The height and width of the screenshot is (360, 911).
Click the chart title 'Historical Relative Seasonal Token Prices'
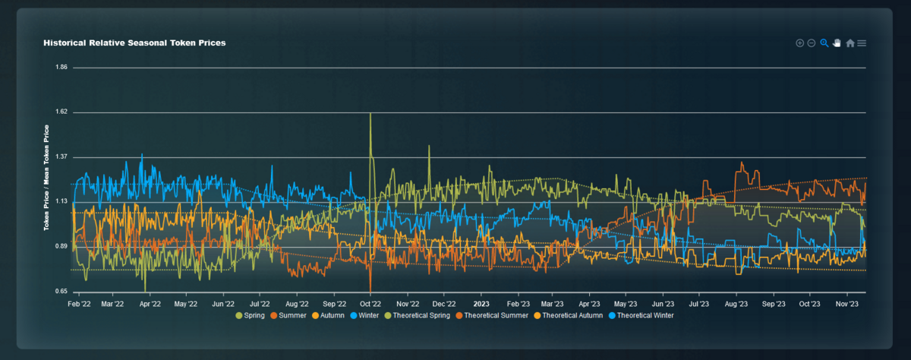point(134,43)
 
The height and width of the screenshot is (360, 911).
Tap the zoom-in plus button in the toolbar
point(799,43)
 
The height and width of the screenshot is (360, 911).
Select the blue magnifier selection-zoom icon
point(824,43)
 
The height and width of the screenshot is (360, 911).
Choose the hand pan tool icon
point(837,43)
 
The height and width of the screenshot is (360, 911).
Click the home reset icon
point(850,43)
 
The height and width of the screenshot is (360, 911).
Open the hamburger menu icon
point(862,43)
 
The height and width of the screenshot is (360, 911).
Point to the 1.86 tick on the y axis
point(61,68)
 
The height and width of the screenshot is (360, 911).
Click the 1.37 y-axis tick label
point(61,157)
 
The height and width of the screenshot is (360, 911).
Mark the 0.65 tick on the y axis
point(61,292)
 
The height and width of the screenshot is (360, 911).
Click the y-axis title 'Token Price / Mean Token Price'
point(47,178)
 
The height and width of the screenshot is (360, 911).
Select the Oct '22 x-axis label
point(370,303)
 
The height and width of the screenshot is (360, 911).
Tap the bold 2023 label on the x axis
point(481,303)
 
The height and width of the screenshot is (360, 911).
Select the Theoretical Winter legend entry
point(641,315)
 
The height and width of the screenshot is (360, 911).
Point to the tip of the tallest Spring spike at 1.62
point(370,113)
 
